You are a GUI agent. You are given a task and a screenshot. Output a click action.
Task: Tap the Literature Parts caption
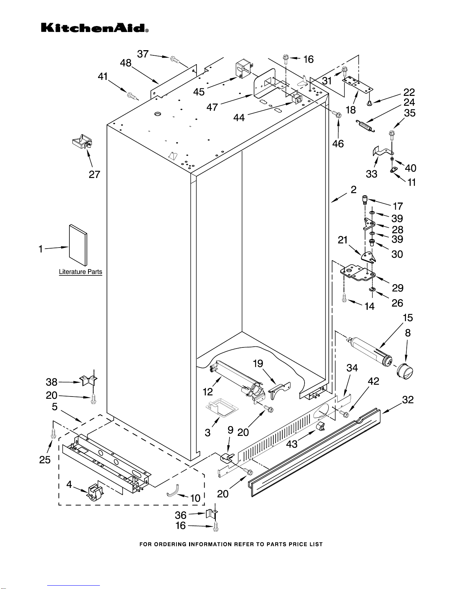[80, 272]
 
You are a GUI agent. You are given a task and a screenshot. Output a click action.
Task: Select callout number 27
[94, 174]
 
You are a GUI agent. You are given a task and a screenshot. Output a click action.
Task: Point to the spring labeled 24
[365, 126]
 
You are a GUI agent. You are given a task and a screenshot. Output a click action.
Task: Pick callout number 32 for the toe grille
[408, 400]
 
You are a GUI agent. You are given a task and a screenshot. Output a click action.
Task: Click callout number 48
[126, 63]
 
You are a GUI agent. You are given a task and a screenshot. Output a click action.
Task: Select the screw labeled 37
[174, 59]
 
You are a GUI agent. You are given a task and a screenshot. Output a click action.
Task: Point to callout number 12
[208, 391]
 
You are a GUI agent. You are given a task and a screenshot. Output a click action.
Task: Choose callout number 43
[292, 444]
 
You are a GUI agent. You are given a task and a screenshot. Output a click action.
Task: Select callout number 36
[181, 515]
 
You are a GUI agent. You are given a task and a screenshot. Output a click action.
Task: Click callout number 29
[397, 288]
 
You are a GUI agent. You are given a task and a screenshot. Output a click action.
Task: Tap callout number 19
[258, 363]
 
